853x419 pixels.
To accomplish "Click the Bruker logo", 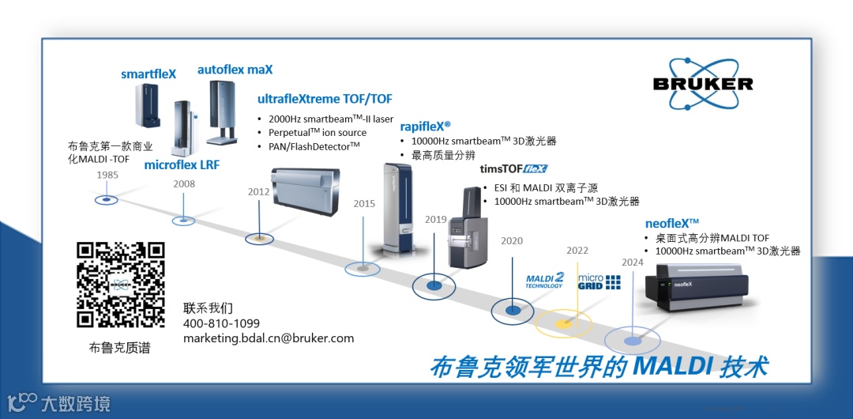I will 703,82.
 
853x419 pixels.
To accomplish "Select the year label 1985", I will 108,175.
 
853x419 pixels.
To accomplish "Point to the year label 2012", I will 258,191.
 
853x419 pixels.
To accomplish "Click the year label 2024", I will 633,262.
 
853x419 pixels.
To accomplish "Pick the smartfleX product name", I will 148,74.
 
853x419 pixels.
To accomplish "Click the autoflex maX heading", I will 235,70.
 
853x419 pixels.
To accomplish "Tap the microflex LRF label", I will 182,165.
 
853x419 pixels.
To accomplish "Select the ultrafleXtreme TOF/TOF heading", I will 325,99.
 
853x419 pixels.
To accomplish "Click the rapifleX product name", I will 425,126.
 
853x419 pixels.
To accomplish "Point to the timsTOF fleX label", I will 513,168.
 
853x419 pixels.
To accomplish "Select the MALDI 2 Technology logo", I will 545,281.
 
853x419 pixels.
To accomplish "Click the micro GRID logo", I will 599,281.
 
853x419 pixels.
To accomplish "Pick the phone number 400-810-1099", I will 221,323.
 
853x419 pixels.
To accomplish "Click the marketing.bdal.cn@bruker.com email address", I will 269,338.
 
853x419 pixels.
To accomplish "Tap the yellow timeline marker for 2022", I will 563,324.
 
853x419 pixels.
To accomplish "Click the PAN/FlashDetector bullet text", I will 314,146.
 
